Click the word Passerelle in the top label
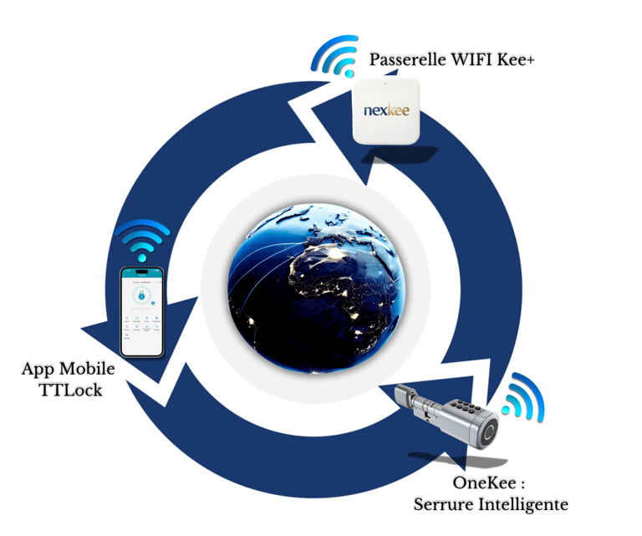coord(404,60)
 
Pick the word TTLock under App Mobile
coord(71,389)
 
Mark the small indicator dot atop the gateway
coord(386,84)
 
